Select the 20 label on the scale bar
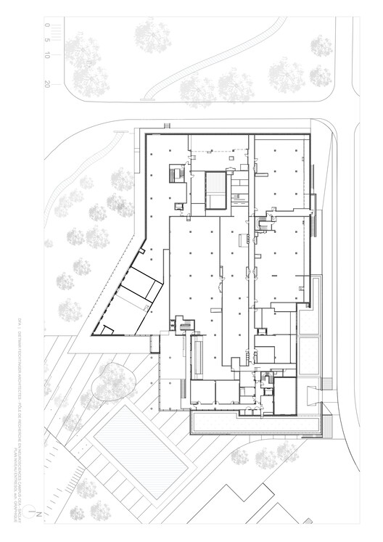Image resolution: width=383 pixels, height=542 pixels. [x=46, y=84]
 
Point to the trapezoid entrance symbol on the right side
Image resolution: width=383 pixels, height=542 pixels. [x=316, y=395]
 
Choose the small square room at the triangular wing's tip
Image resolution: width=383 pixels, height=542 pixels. [x=106, y=332]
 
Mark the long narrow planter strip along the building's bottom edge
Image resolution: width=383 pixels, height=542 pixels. [x=254, y=421]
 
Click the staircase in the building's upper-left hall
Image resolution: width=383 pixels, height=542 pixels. [x=176, y=175]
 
